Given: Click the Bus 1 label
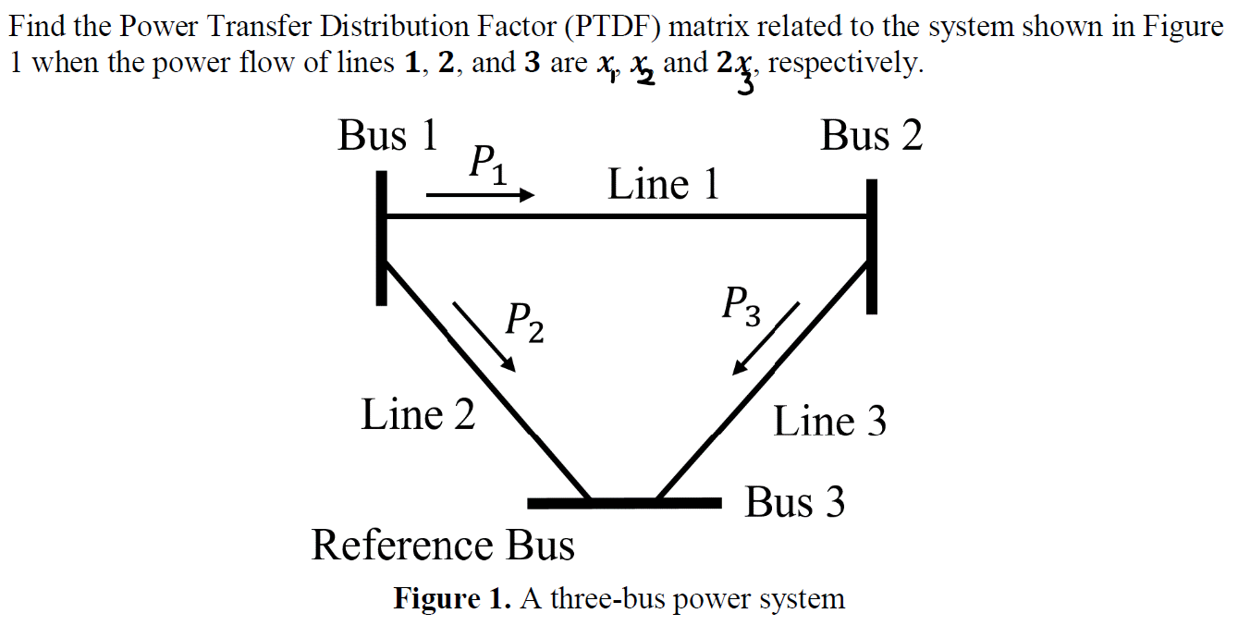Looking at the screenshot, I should point(387,136).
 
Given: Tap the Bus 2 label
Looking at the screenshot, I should point(871,136).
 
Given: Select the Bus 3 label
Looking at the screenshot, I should point(795,502).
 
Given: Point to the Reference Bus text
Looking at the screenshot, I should point(443,546).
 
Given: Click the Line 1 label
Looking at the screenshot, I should point(663,185).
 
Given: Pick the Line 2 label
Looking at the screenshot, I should point(418,414).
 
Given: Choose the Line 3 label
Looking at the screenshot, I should point(829,422).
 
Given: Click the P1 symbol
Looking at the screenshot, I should point(487,166).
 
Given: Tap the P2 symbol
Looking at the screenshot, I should point(523,322).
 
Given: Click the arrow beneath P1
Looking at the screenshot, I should point(481,195).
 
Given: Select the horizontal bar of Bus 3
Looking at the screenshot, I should point(623,503).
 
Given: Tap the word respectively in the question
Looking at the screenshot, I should point(844,64).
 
